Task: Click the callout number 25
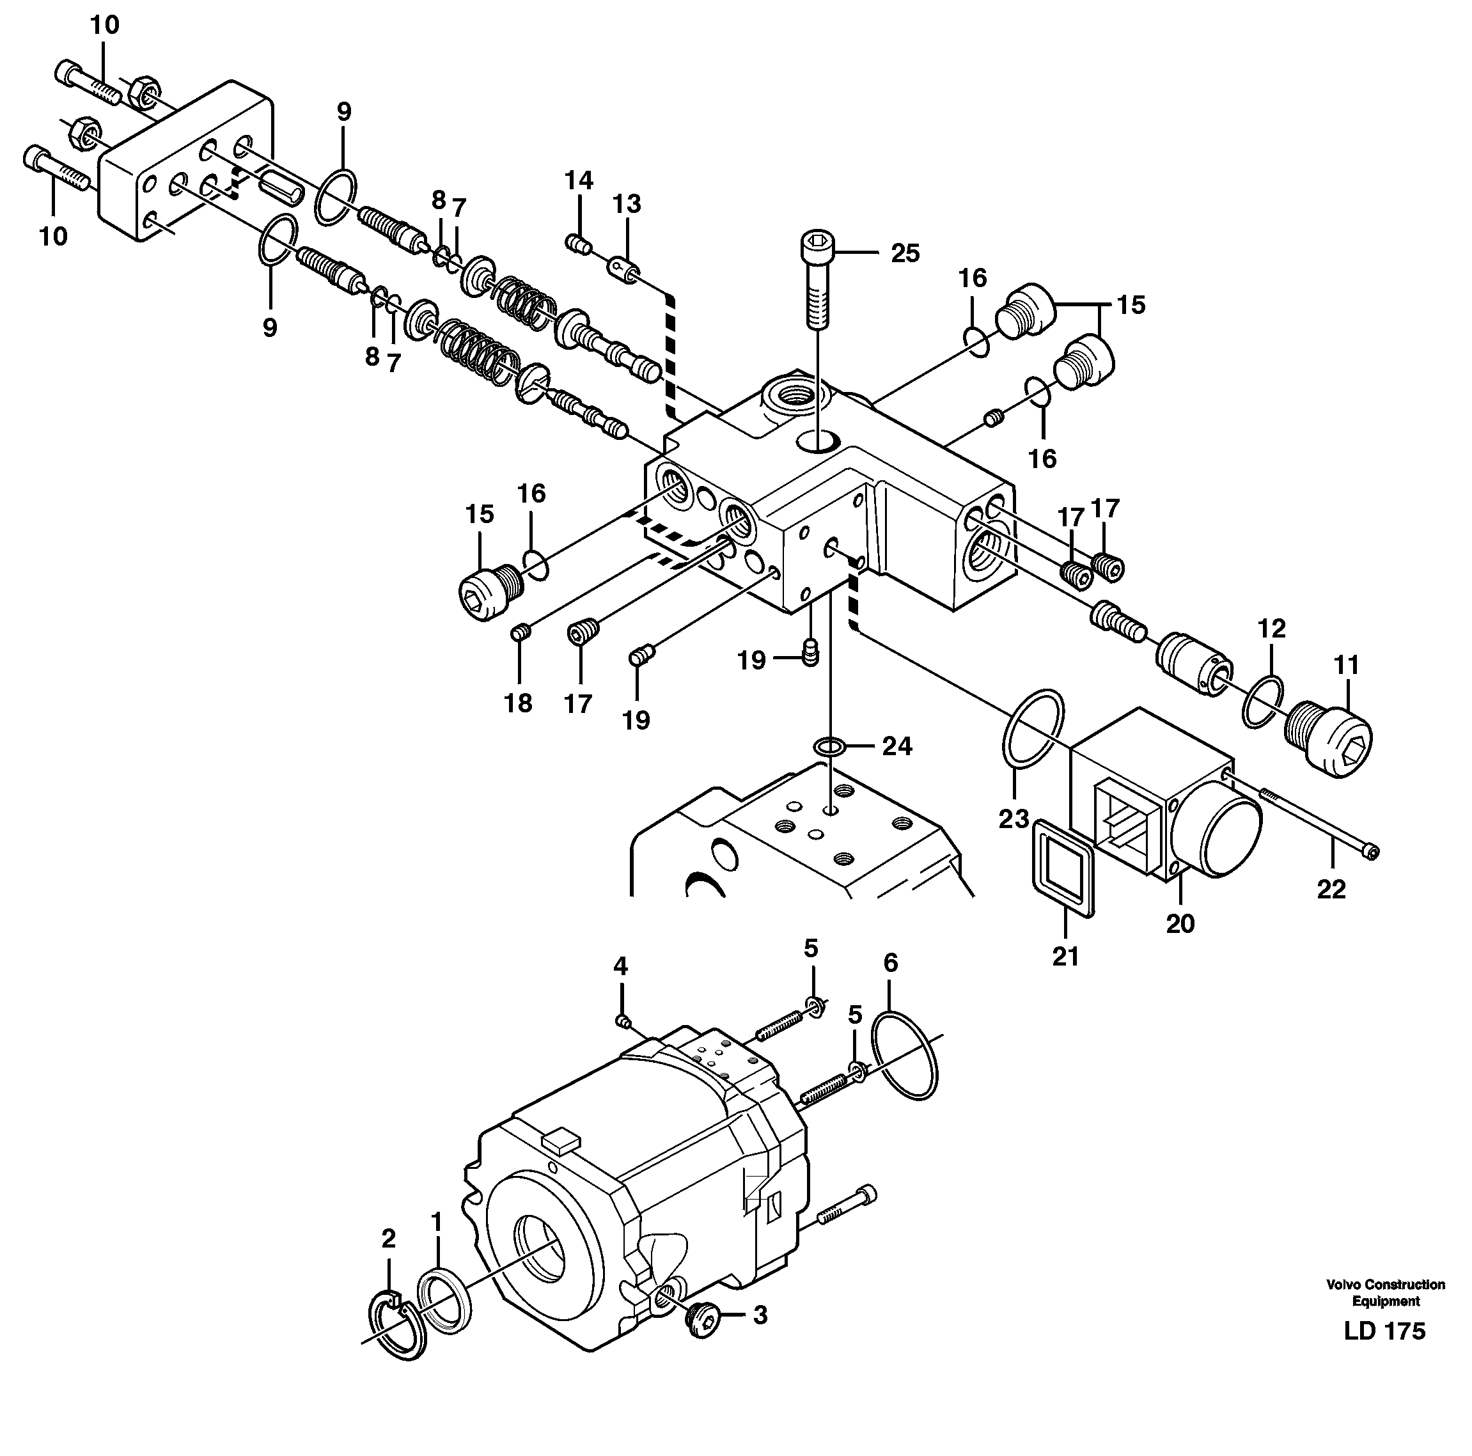[905, 253]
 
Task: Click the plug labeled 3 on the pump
[701, 1320]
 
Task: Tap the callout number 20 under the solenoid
[1180, 923]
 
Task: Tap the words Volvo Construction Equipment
[1385, 1293]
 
